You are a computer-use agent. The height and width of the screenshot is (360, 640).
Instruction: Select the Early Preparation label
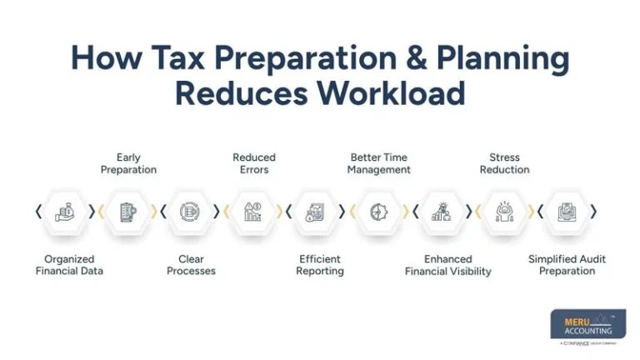tap(128, 163)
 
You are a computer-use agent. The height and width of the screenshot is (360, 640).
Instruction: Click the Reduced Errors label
tap(254, 163)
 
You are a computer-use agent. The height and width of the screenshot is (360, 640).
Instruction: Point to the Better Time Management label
tap(379, 163)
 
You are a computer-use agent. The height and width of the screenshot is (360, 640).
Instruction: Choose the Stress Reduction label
tap(504, 163)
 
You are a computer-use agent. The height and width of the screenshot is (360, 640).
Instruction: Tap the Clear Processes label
tap(191, 265)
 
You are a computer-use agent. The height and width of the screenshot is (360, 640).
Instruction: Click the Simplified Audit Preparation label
tap(567, 265)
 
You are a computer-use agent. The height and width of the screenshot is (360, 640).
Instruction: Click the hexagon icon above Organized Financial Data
tap(65, 212)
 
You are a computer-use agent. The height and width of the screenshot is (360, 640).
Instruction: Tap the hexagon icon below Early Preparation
tap(127, 212)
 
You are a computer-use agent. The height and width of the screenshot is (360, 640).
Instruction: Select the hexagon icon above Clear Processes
tap(190, 212)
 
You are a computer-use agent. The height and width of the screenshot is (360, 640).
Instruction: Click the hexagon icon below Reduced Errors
tap(253, 212)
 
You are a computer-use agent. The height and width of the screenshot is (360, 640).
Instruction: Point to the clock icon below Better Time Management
tap(379, 212)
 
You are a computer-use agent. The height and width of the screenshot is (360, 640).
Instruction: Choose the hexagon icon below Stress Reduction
tap(504, 212)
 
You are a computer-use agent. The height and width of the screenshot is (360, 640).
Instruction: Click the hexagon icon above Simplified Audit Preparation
tap(567, 212)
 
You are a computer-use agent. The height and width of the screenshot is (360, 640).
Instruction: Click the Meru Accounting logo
tap(587, 326)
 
